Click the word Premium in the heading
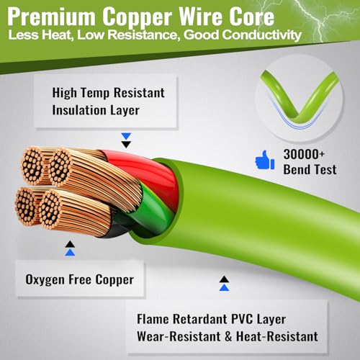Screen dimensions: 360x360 coord(51,17)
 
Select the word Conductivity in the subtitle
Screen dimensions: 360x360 coord(261,35)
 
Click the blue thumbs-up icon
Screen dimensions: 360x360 coord(264,160)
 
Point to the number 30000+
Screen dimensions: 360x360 coord(304,154)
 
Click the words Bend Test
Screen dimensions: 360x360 coord(310,169)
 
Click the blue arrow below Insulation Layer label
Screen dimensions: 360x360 coord(126,136)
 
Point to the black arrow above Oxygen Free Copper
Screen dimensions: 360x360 coord(70,244)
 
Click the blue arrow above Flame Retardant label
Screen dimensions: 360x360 coord(224,287)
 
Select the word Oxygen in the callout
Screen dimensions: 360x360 coord(45,280)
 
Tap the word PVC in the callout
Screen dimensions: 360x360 coord(242,319)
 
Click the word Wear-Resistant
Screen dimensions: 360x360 coord(179,336)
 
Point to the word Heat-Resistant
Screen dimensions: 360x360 coord(277,336)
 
